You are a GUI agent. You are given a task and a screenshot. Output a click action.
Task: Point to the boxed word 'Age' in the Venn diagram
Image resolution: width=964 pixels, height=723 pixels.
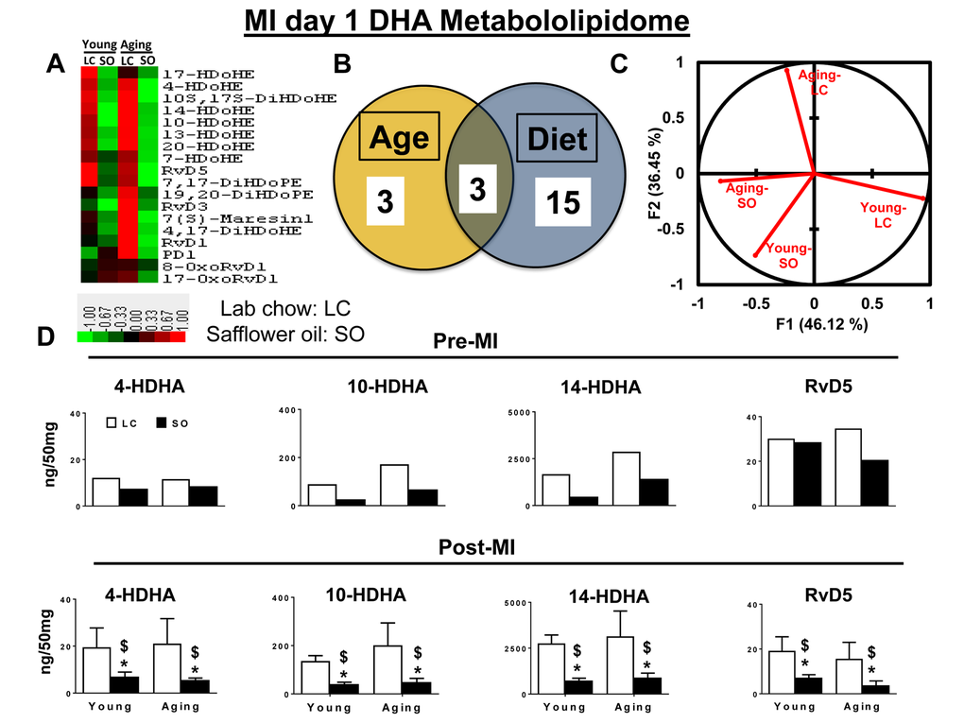click(399, 138)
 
